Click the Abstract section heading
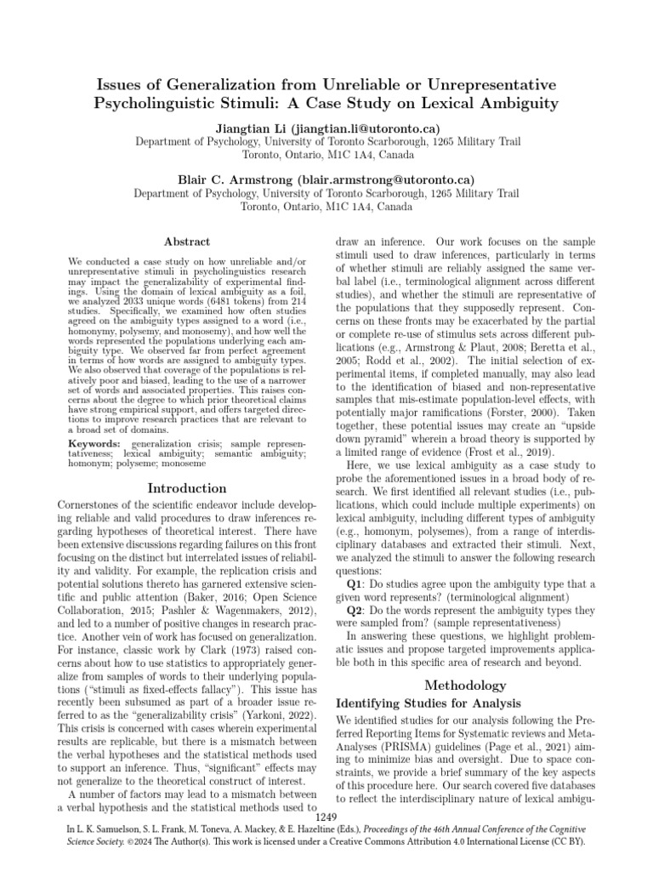pyautogui.click(x=186, y=242)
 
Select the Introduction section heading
pyautogui.click(x=187, y=489)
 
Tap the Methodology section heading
pyautogui.click(x=465, y=685)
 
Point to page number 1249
pyautogui.click(x=326, y=818)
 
